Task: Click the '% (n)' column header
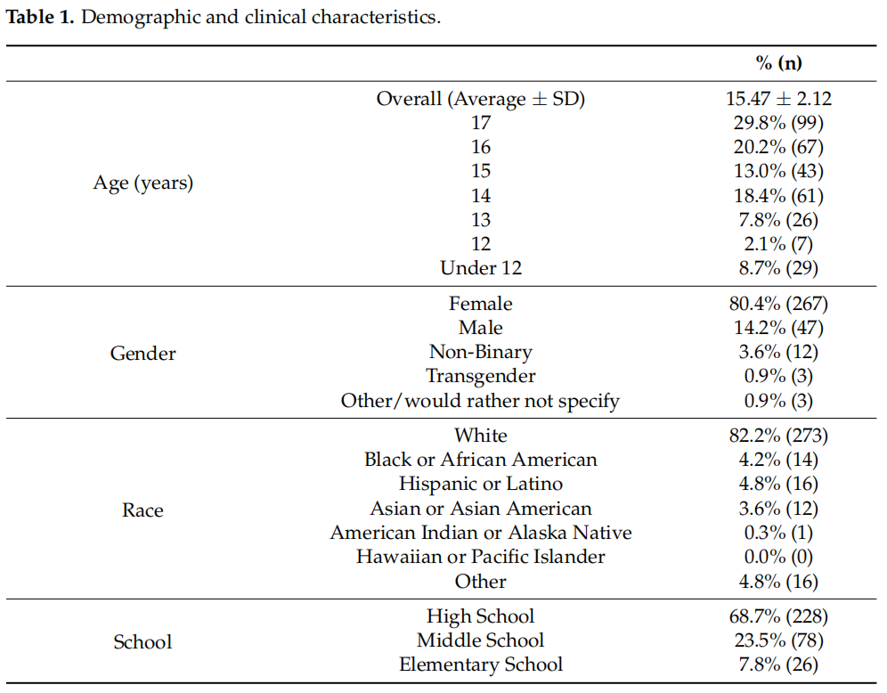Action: tap(778, 62)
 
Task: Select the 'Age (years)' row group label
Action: tap(143, 183)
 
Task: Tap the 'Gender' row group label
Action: tap(143, 353)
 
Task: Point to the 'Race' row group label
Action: tap(142, 510)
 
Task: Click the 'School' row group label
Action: tap(142, 641)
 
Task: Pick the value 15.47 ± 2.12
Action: tap(778, 99)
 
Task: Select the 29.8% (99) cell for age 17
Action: tap(778, 123)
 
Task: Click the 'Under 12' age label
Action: tap(481, 267)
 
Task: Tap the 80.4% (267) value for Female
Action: tap(778, 304)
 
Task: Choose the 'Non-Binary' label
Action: tap(481, 352)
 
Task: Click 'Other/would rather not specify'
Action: tap(480, 401)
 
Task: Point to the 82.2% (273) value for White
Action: tap(778, 436)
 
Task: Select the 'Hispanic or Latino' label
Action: tap(481, 484)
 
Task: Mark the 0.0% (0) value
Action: tap(778, 557)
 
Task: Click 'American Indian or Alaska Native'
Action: tap(481, 533)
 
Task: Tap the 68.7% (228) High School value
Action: tap(778, 616)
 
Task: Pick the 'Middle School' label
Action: tap(481, 640)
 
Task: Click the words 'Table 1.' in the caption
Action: tap(39, 17)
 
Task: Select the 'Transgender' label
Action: tap(481, 376)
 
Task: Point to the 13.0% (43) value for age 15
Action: tap(778, 171)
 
